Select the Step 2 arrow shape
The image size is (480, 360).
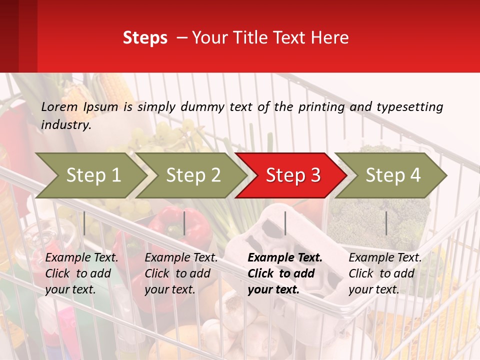[193, 175]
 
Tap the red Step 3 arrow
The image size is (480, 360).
[293, 175]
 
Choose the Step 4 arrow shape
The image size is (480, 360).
[393, 175]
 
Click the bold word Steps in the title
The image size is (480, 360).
[145, 38]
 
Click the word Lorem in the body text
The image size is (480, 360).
[59, 106]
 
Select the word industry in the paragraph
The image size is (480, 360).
[66, 125]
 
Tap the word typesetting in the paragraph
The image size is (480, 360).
[409, 106]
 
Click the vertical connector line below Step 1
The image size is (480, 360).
[84, 223]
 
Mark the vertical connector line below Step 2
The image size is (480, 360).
[184, 223]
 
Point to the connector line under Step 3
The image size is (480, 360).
[285, 223]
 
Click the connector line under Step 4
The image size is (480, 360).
[386, 223]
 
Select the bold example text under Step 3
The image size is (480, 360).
[284, 273]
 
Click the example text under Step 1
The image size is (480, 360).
[81, 273]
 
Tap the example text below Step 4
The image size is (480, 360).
[384, 273]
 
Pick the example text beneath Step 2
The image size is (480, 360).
[180, 273]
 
